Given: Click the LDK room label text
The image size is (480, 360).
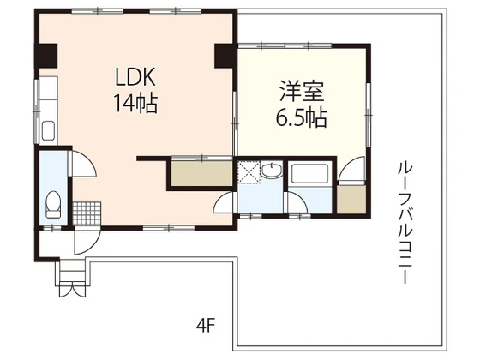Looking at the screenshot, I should tap(135, 75).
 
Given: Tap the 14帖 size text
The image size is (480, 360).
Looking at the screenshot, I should tap(135, 103).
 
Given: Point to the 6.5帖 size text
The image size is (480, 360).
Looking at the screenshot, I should tap(300, 118).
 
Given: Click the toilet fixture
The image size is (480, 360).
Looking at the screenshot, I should tap(52, 205).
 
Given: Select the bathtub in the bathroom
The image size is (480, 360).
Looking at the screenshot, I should tap(310, 175).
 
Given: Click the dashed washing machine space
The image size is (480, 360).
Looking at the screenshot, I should tap(249, 172).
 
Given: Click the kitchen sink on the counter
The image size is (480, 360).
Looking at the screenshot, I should tap(48, 132).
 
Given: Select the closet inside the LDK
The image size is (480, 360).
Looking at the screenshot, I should tap(201, 174).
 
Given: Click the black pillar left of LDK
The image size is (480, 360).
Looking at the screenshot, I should tap(44, 56).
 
